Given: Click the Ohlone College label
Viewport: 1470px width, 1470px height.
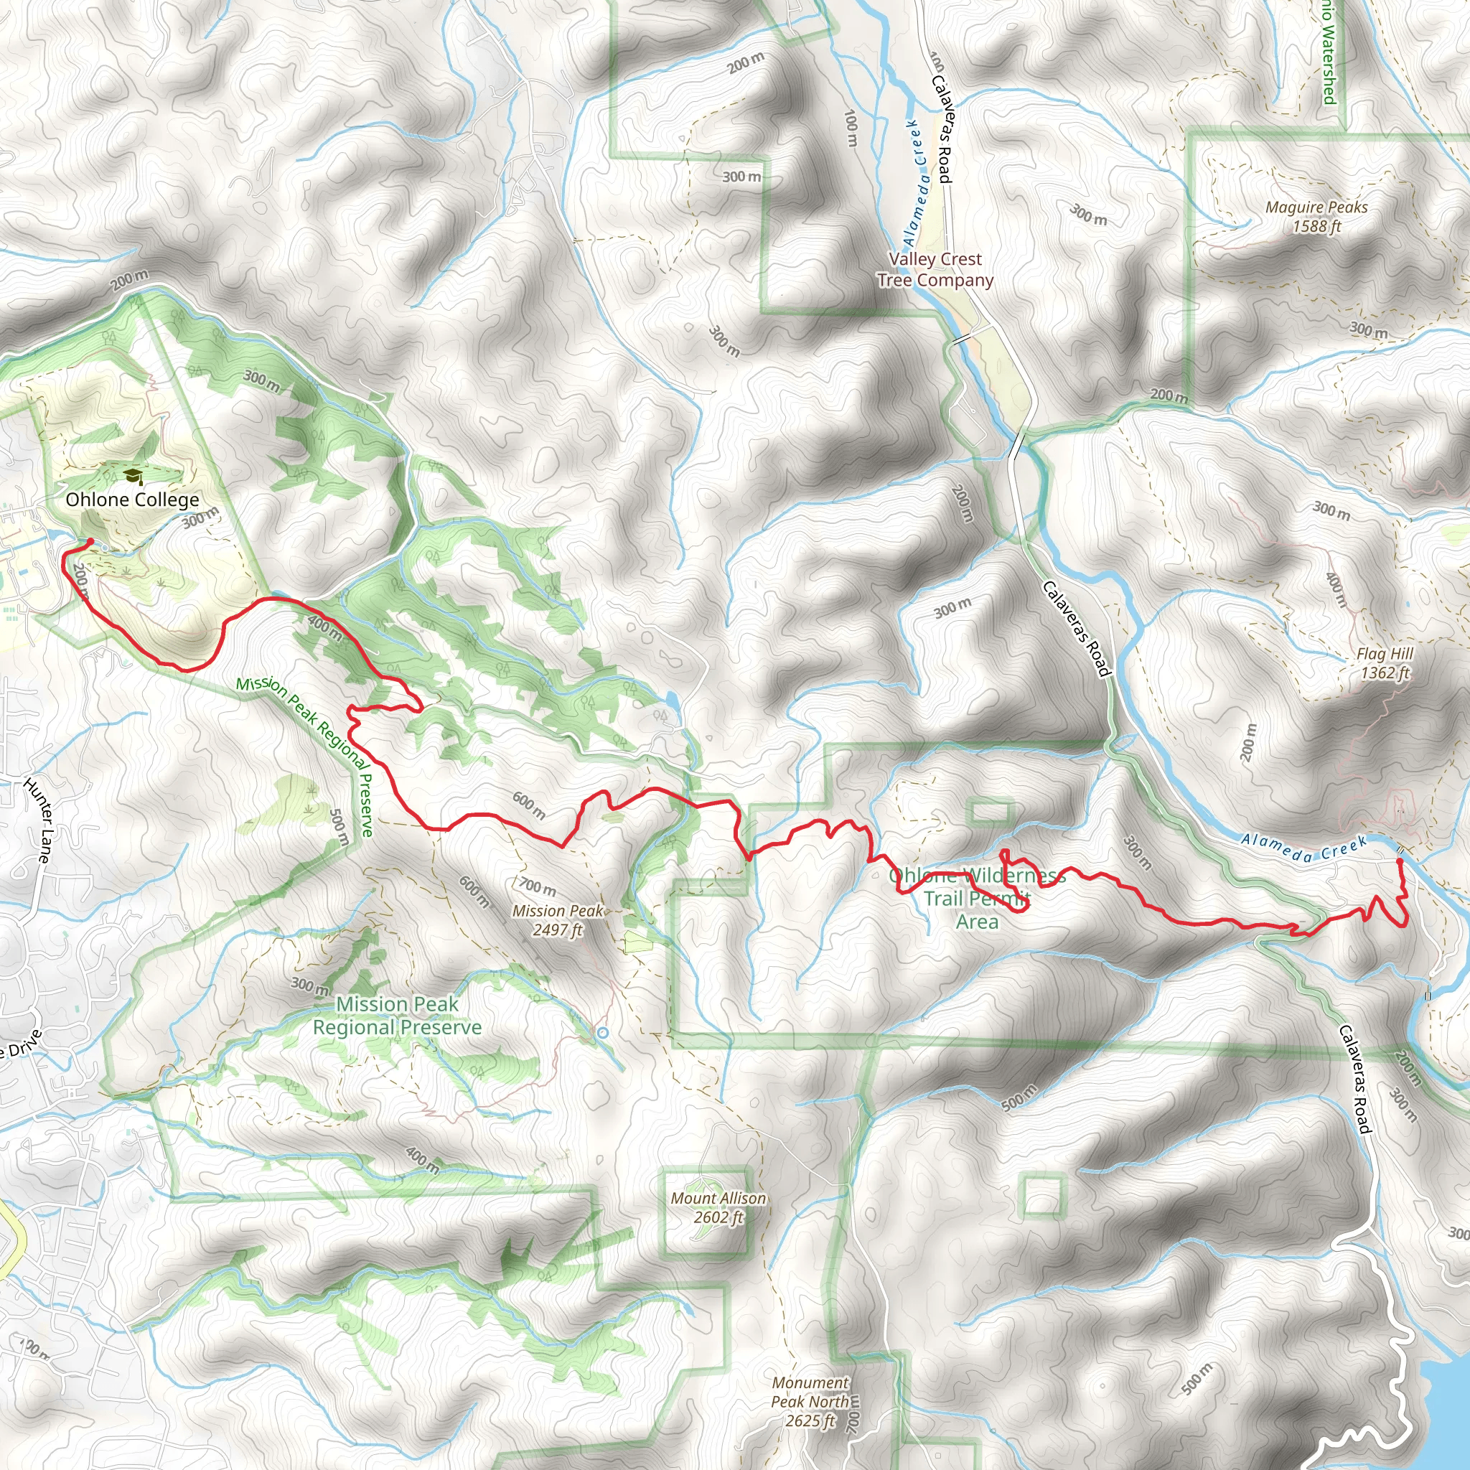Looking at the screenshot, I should coord(132,500).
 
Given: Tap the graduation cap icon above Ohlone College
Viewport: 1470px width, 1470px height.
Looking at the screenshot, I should coord(134,477).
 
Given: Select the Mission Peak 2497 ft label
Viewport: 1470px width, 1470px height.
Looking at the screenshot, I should coord(558,920).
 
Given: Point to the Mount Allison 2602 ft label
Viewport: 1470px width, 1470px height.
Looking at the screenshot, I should coord(718,1207).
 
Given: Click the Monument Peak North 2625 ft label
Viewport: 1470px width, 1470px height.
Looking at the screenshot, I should coord(810,1402).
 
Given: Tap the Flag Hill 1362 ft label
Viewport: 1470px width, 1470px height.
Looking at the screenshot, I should coord(1385,663).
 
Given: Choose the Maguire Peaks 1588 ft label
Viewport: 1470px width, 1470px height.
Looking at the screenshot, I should coord(1316,217).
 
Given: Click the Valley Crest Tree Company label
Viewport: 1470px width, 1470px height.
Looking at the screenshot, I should coord(935,269).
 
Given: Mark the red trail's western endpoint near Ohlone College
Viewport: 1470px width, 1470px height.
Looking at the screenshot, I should coord(90,541).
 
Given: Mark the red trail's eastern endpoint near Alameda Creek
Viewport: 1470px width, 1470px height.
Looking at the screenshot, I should coord(1400,861).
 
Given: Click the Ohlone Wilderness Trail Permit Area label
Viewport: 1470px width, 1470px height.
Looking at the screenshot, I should coord(977,899).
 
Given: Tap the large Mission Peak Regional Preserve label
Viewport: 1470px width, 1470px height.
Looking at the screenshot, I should coord(397,1016).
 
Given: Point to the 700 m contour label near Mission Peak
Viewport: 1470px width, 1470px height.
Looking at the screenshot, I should coord(539,886).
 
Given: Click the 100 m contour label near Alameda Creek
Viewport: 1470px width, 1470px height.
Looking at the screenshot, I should coord(851,128).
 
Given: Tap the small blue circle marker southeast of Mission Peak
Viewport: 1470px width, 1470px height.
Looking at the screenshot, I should coord(603,1032).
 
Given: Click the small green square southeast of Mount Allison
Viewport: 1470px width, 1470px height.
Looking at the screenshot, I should coord(1041,1196).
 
